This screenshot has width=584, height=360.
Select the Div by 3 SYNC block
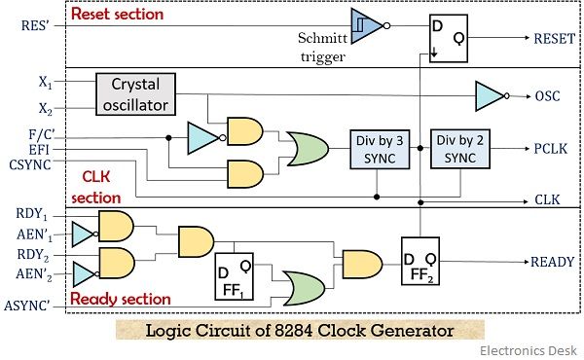(x=375, y=149)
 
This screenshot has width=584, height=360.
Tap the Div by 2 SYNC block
(x=459, y=149)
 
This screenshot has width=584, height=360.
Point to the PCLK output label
(x=550, y=148)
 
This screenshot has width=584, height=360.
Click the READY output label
(x=551, y=262)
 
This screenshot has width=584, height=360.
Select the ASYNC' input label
(x=36, y=307)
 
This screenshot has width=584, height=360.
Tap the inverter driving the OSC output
(x=488, y=95)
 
